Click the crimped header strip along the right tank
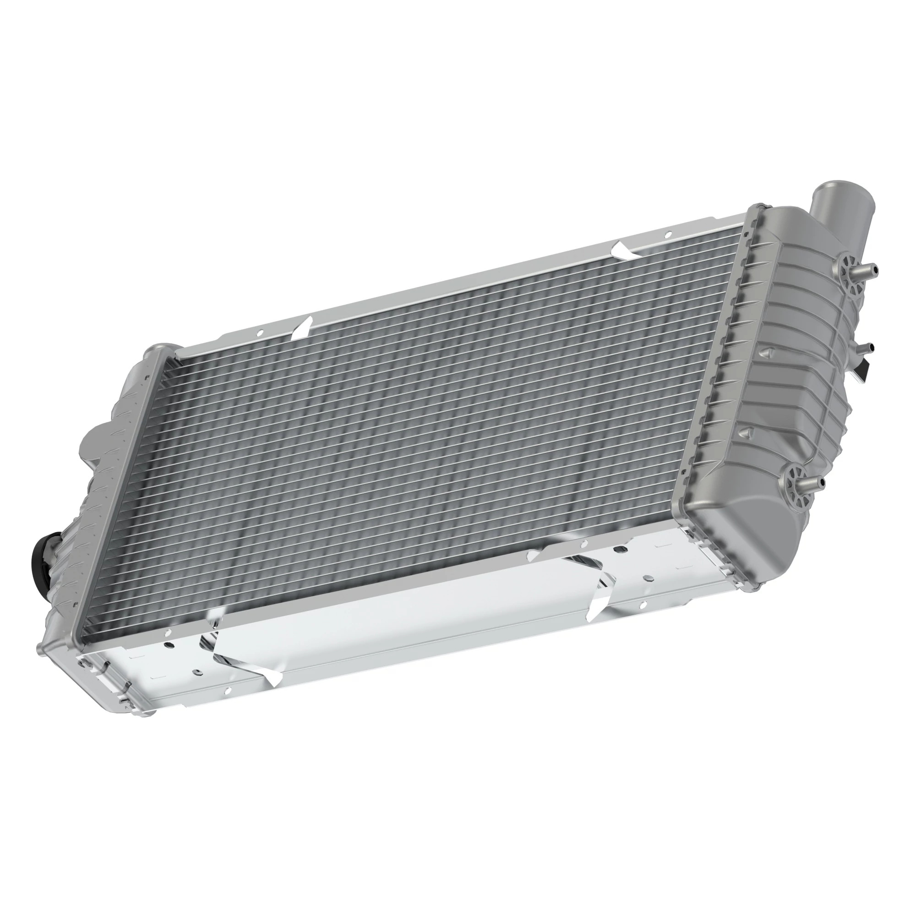pyautogui.click(x=711, y=379)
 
